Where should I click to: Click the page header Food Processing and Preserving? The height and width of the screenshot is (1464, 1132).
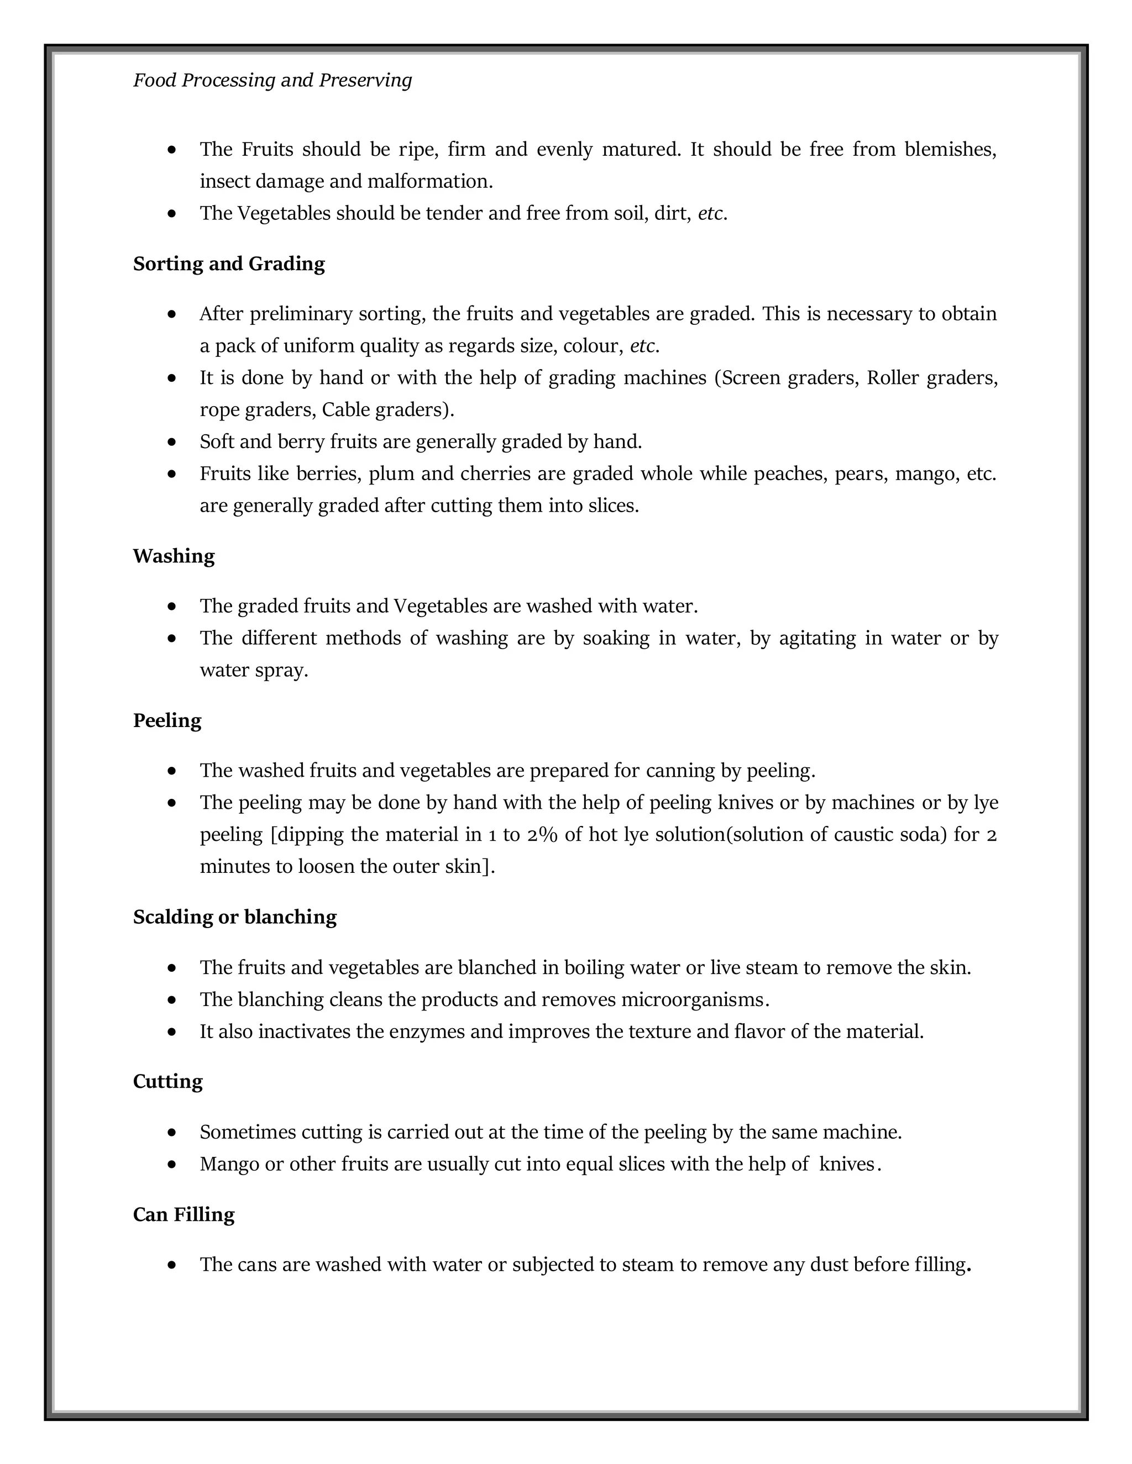pyautogui.click(x=272, y=81)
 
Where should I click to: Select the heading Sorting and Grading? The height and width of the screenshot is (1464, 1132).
pyautogui.click(x=229, y=264)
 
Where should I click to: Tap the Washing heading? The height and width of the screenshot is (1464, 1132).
pyautogui.click(x=174, y=556)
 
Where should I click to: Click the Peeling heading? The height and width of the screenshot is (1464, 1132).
pyautogui.click(x=167, y=720)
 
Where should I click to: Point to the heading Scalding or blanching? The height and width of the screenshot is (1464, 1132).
pyautogui.click(x=235, y=917)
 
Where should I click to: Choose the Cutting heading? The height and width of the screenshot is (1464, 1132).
pyautogui.click(x=167, y=1082)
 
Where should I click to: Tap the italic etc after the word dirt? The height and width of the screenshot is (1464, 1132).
pyautogui.click(x=710, y=214)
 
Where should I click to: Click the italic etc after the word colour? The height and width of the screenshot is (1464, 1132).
pyautogui.click(x=642, y=346)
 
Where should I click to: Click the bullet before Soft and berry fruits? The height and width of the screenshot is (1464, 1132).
pyautogui.click(x=172, y=443)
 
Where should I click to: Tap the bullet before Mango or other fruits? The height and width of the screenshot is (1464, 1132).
pyautogui.click(x=172, y=1165)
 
